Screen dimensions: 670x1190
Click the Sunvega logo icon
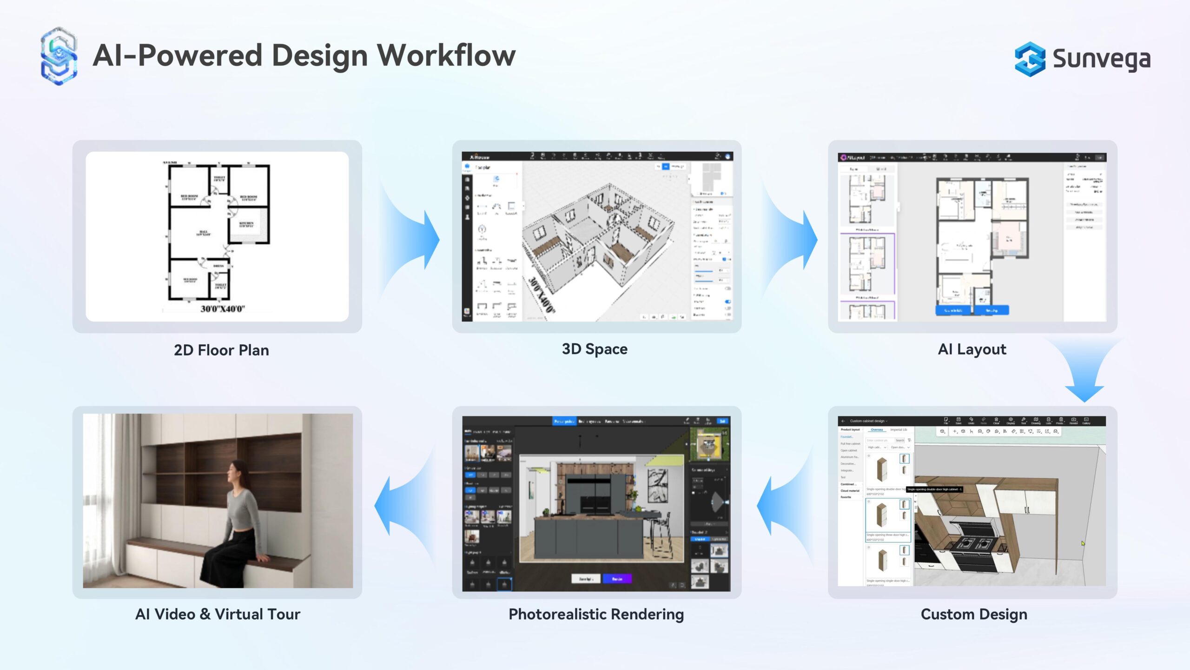tap(1029, 59)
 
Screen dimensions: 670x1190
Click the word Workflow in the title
tap(446, 56)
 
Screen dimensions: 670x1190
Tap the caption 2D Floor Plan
tap(221, 350)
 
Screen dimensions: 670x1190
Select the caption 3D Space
tap(595, 349)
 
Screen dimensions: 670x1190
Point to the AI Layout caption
tap(972, 349)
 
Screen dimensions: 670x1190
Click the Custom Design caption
tap(974, 614)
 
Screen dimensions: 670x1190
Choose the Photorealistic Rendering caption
tap(596, 614)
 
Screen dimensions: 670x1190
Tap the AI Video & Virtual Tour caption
tap(218, 614)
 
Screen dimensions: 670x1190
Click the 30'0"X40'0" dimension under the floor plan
tap(223, 309)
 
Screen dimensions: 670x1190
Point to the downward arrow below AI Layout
tap(1084, 372)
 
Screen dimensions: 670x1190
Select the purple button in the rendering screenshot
tap(617, 579)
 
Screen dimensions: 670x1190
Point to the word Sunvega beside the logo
tap(1101, 59)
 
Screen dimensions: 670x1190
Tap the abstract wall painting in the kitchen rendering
tap(657, 486)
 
